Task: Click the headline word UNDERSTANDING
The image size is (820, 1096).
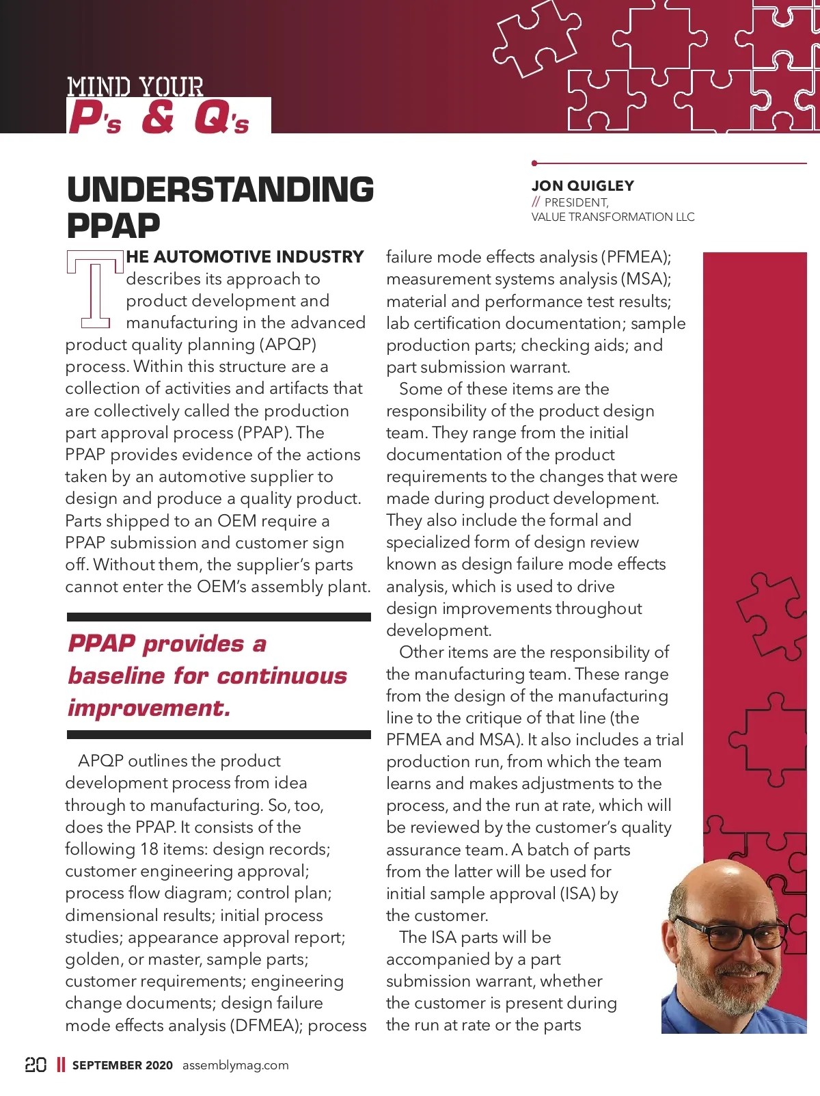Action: click(x=220, y=189)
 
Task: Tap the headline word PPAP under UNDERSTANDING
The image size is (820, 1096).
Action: click(x=113, y=225)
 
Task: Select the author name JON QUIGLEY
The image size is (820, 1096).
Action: click(x=583, y=186)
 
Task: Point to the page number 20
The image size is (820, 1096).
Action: click(x=36, y=1065)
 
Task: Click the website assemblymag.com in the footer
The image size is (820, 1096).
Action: click(x=235, y=1065)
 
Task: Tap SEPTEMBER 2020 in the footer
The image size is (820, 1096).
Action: click(x=122, y=1065)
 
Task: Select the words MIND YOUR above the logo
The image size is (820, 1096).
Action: click(x=135, y=87)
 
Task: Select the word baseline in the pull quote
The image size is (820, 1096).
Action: click(x=116, y=676)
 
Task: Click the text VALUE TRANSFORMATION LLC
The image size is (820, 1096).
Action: click(x=613, y=217)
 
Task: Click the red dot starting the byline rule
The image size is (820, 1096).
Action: click(x=534, y=163)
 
